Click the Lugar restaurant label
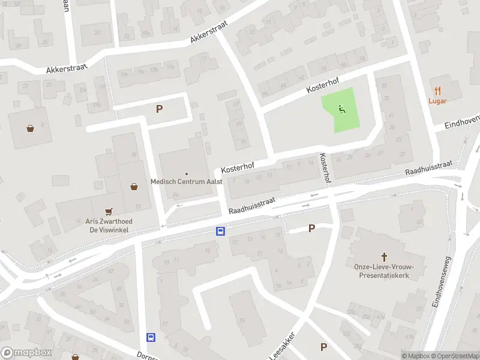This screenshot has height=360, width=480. click(x=437, y=101)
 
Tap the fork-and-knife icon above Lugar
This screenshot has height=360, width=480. click(x=437, y=91)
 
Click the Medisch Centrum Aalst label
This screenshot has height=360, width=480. click(x=186, y=182)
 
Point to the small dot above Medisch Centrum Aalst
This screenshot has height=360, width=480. click(x=186, y=174)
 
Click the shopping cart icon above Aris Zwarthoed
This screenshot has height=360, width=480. click(x=109, y=211)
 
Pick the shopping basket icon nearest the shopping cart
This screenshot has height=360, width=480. click(x=134, y=187)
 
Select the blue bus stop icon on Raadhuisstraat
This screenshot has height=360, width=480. click(x=221, y=231)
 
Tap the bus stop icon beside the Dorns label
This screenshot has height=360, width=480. click(x=151, y=338)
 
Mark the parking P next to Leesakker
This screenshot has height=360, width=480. click(x=323, y=347)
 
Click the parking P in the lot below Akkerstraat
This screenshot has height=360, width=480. click(x=159, y=109)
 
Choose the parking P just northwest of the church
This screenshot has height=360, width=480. click(x=311, y=228)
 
